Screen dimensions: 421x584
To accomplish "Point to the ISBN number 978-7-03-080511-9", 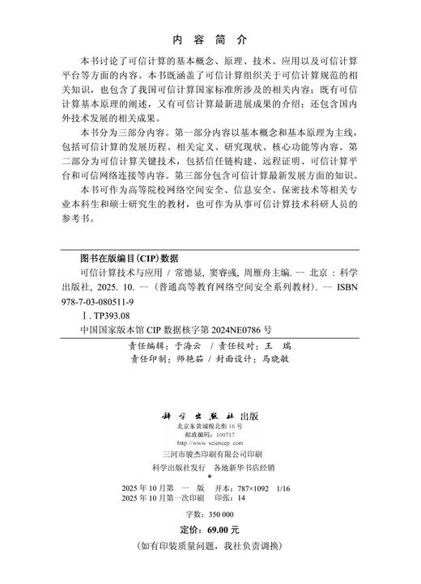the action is (x=102, y=294).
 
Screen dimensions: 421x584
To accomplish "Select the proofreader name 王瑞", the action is (x=280, y=345).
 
